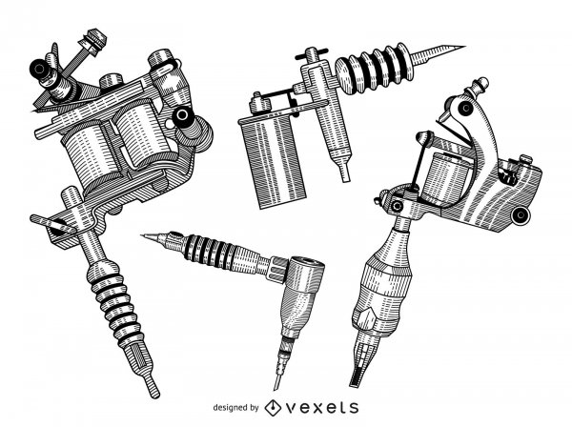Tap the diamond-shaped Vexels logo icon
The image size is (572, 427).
point(273,408)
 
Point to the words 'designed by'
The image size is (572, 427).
point(235,407)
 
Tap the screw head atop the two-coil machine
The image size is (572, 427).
point(94,41)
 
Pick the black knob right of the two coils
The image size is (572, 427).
point(182,116)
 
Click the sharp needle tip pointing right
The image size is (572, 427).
point(438,53)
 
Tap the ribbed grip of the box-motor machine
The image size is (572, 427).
point(375,69)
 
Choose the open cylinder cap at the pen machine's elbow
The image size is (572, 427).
point(308,270)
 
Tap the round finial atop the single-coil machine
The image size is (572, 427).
point(480,84)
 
